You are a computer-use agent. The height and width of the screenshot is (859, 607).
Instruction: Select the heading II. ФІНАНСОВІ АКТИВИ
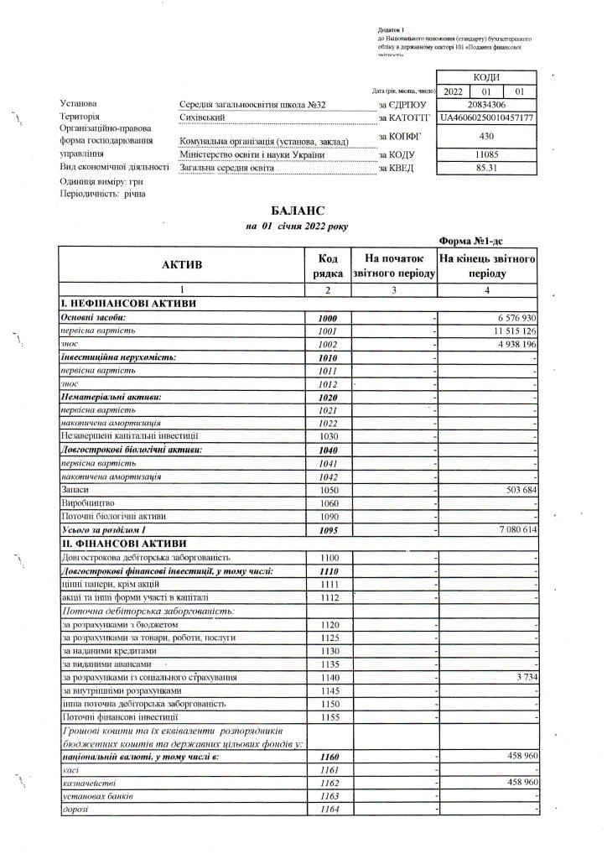tap(114, 544)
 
